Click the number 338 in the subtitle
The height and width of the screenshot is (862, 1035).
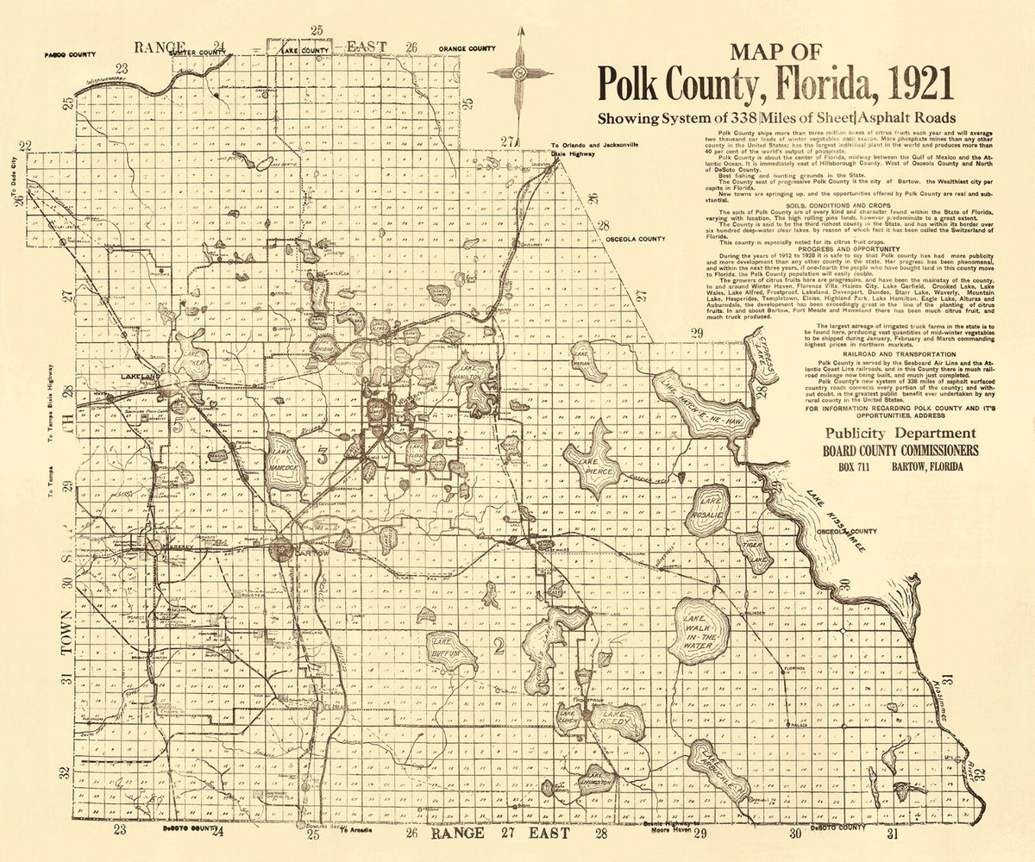741,118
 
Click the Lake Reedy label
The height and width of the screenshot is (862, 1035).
618,721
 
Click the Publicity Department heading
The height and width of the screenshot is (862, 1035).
900,434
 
